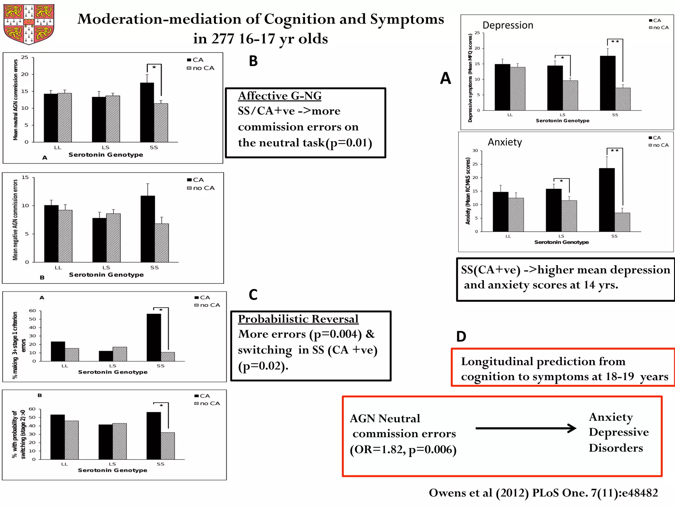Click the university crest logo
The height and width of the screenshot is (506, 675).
29,24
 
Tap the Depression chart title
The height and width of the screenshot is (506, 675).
508,25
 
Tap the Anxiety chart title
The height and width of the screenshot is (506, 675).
505,142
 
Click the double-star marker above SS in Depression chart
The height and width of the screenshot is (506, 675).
615,42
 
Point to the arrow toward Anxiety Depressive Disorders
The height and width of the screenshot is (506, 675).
526,428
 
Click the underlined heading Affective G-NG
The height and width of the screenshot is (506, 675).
279,96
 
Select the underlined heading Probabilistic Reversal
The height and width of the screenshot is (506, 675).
298,319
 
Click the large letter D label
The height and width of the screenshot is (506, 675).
461,337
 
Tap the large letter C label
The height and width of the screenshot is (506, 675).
253,295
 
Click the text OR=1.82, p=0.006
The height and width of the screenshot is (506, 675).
403,449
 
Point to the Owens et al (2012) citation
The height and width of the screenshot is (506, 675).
543,493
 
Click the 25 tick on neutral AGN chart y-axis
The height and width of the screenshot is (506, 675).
25,57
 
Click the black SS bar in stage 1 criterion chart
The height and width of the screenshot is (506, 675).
154,337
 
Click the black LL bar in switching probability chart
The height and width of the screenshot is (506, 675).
57,437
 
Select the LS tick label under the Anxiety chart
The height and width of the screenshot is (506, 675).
561,236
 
